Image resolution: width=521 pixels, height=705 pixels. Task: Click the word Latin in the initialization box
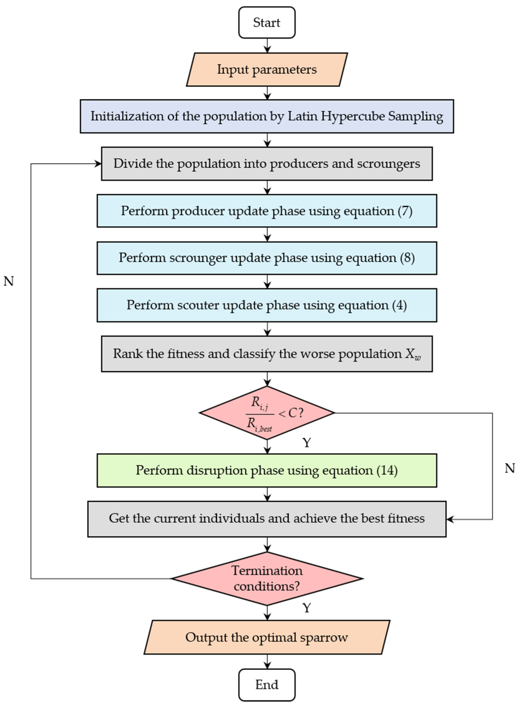303,116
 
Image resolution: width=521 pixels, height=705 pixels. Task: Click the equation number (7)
405,211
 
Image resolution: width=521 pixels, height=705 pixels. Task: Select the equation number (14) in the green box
387,470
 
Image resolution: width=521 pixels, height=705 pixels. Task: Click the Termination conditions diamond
267,579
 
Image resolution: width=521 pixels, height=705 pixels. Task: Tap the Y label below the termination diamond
307,607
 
